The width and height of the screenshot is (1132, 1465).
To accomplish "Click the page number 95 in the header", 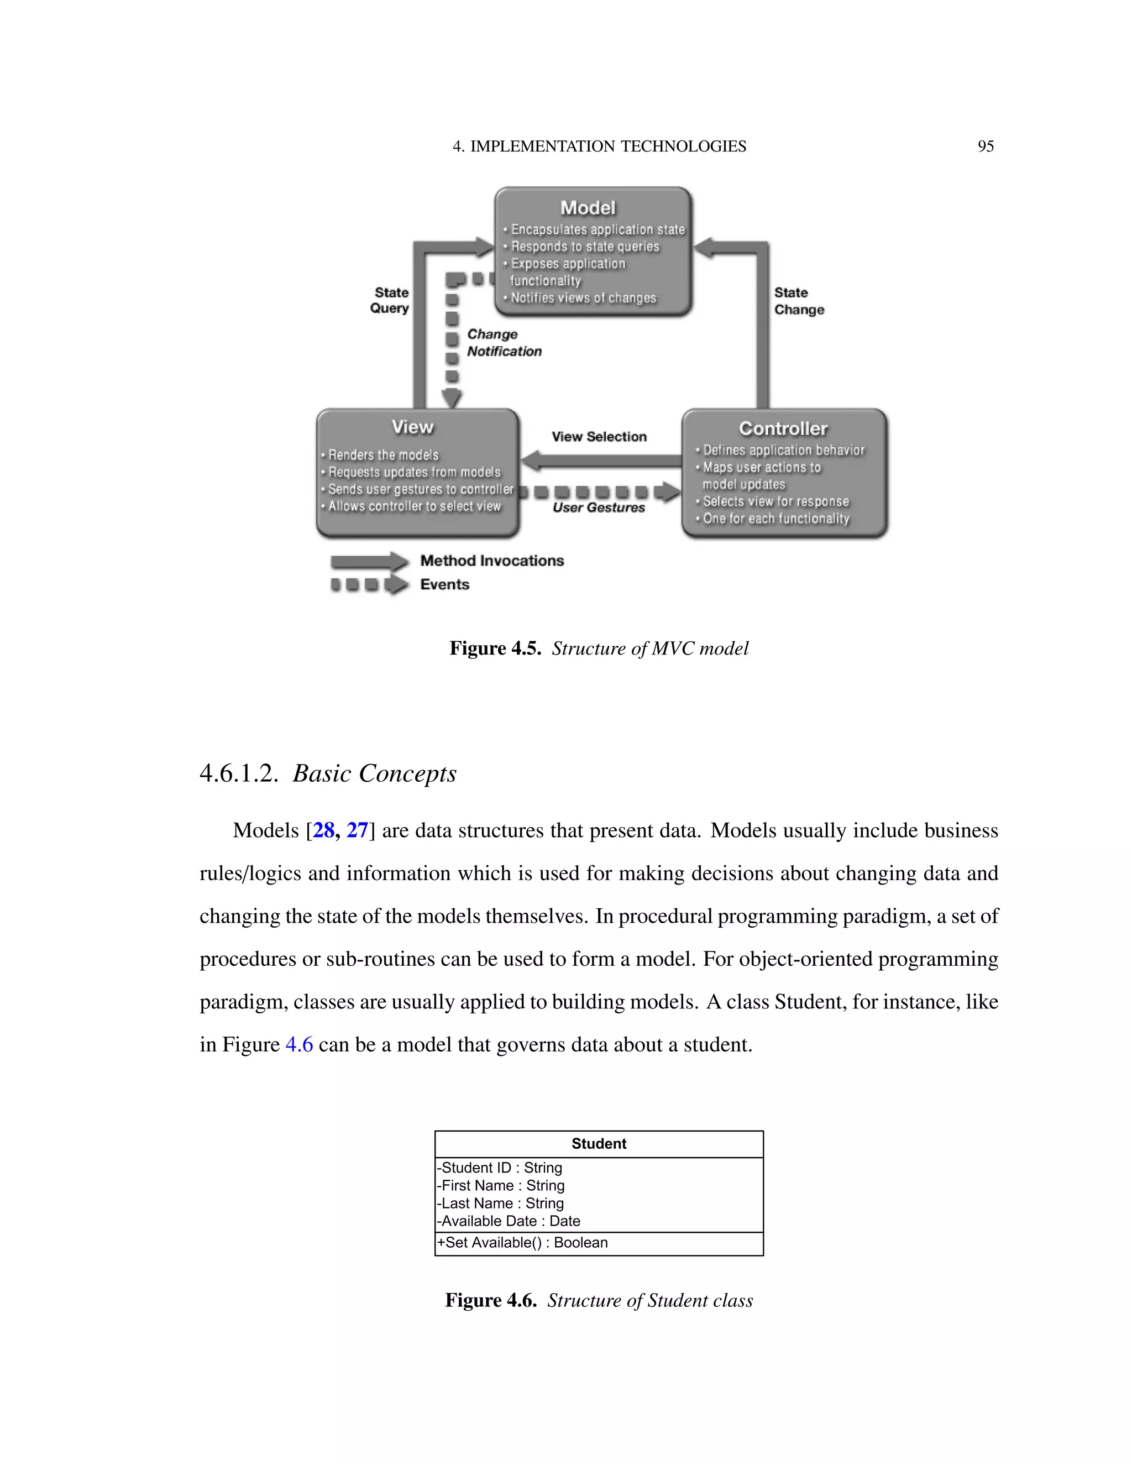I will click(985, 146).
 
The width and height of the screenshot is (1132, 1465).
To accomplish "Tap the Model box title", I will click(588, 208).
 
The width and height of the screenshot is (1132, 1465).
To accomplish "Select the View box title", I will click(412, 427).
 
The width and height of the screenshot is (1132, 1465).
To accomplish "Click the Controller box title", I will click(783, 428).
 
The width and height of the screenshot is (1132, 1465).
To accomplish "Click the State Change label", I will click(798, 301).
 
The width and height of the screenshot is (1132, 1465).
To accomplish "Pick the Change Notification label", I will click(503, 343).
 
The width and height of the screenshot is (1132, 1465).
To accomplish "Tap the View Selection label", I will click(599, 437).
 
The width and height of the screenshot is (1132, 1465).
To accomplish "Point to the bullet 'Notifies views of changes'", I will click(583, 298).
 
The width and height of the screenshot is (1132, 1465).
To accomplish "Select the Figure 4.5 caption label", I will click(495, 648).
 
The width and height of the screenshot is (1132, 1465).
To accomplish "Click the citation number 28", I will click(324, 830).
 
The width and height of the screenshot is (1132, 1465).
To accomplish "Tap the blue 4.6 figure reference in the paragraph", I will click(299, 1044).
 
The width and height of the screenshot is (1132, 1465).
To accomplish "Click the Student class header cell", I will click(598, 1144).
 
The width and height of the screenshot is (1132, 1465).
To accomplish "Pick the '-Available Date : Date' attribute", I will click(510, 1221).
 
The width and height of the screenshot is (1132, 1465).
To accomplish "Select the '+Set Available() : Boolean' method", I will click(523, 1242).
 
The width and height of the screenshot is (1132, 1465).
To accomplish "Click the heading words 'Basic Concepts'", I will click(374, 773).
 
